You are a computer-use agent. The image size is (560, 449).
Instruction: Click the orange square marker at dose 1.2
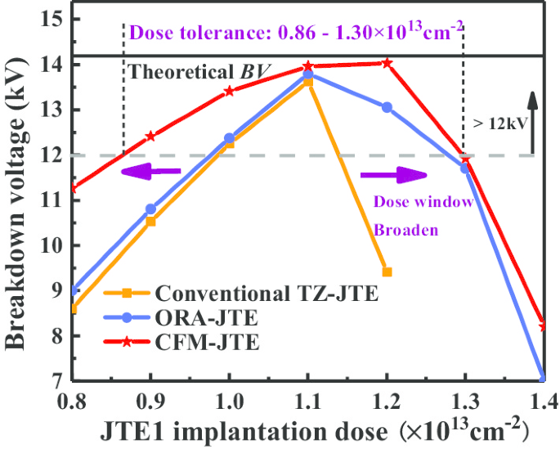(x=387, y=272)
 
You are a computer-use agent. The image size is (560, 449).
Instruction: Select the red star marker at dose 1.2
(x=387, y=63)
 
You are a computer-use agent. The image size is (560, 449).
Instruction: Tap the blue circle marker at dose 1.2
(x=387, y=107)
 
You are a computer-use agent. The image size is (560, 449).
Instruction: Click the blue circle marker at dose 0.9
(x=150, y=209)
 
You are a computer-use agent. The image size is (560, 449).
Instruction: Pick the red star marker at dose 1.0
(x=229, y=91)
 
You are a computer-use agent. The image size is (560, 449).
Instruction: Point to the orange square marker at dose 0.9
(x=150, y=221)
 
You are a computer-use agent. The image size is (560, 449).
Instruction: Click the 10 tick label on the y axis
(x=51, y=246)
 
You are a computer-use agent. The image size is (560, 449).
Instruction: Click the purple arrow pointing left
(x=152, y=171)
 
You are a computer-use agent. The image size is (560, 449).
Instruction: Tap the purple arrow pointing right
(x=392, y=175)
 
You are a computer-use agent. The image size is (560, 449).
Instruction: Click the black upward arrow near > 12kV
(x=532, y=123)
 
